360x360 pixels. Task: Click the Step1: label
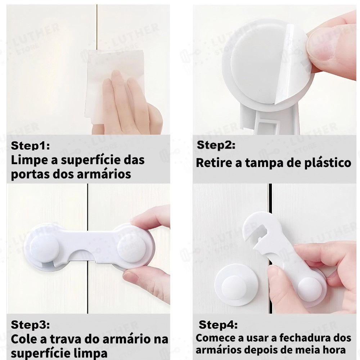30,145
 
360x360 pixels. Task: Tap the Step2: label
216,145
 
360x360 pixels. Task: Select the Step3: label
30,325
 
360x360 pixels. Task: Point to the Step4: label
218,325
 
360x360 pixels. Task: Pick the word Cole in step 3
24,339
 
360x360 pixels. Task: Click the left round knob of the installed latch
45,249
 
